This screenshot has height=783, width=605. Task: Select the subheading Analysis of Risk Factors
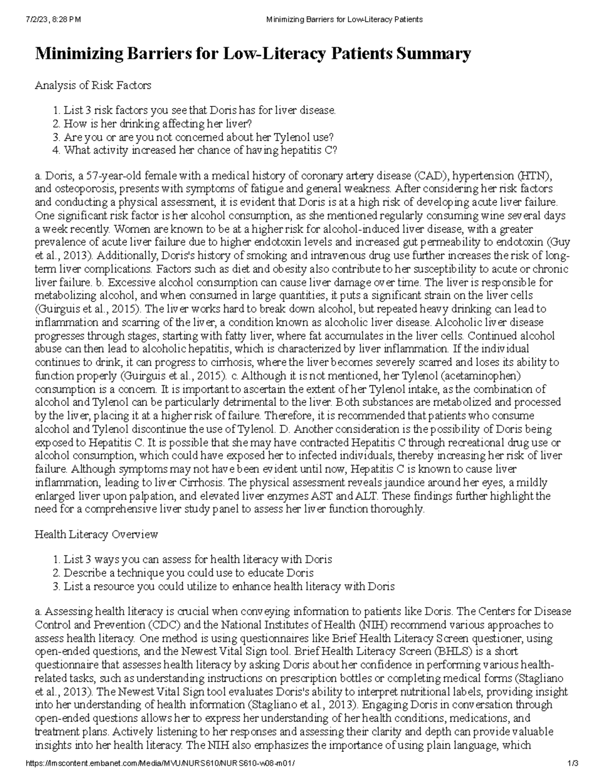click(x=93, y=85)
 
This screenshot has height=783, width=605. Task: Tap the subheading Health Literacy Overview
click(x=96, y=534)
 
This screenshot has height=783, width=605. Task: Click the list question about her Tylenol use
click(x=198, y=137)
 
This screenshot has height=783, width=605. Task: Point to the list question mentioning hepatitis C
click(x=200, y=150)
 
